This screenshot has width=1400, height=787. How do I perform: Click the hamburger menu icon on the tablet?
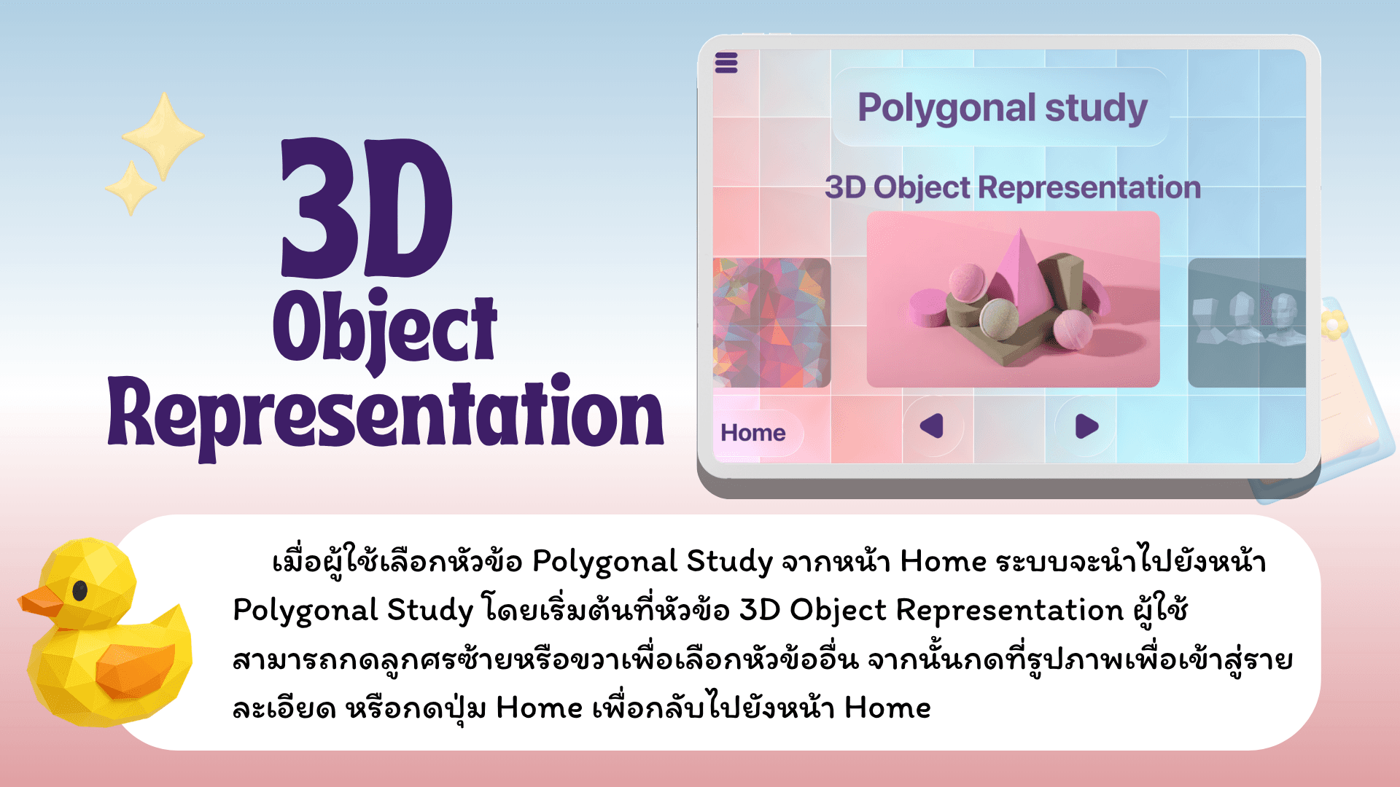pyautogui.click(x=726, y=63)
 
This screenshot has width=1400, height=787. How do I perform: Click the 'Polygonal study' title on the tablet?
pyautogui.click(x=1003, y=109)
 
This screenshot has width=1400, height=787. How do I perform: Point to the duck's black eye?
pyautogui.click(x=80, y=590)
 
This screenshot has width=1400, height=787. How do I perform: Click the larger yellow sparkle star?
pyautogui.click(x=163, y=136)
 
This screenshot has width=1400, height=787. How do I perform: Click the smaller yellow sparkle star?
pyautogui.click(x=131, y=188)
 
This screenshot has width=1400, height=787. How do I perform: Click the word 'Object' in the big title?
pyautogui.click(x=385, y=329)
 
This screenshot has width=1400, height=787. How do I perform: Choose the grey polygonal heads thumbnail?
pyautogui.click(x=1247, y=323)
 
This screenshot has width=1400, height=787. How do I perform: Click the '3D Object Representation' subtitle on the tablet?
pyautogui.click(x=1013, y=187)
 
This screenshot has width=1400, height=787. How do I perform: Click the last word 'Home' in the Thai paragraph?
pyautogui.click(x=887, y=708)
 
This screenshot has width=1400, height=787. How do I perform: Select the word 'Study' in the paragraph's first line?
pyautogui.click(x=729, y=562)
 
